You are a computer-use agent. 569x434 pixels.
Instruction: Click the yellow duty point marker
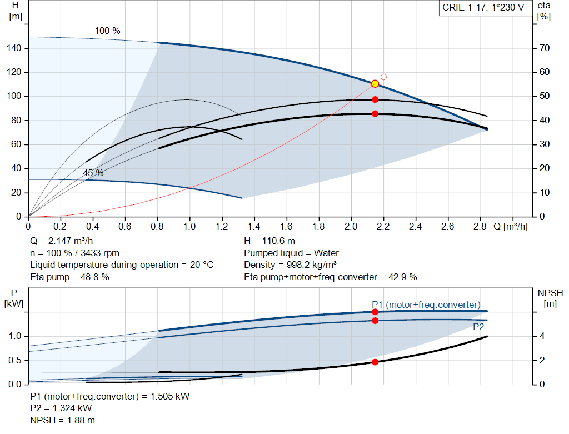[375, 84]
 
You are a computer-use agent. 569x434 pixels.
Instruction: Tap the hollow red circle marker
[383, 77]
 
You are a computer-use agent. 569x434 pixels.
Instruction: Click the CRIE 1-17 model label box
[483, 7]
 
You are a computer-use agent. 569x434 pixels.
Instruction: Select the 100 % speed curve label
[107, 31]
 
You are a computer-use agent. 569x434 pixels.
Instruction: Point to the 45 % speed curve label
[93, 173]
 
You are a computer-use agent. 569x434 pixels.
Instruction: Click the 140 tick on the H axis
[14, 48]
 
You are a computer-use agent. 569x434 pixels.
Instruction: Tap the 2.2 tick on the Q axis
[383, 226]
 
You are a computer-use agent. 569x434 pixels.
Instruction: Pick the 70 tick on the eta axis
[545, 48]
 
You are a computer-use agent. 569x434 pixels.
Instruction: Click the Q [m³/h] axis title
[510, 226]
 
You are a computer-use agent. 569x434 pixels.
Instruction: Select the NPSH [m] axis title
[550, 298]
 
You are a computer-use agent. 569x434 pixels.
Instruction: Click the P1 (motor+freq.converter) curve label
[426, 305]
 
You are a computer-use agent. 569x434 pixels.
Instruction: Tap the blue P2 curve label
[478, 327]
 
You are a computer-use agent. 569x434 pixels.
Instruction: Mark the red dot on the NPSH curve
[375, 362]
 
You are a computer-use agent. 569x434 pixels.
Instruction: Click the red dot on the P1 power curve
[375, 312]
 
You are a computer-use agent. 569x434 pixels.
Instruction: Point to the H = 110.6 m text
[269, 241]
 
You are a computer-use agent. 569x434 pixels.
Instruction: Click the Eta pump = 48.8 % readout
[69, 277]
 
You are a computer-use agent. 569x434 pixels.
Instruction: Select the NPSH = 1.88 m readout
[62, 420]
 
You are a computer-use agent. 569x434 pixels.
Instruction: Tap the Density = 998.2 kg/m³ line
[290, 265]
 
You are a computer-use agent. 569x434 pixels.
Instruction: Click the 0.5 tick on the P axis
[15, 360]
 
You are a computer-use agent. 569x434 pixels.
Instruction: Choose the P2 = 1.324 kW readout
[61, 408]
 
